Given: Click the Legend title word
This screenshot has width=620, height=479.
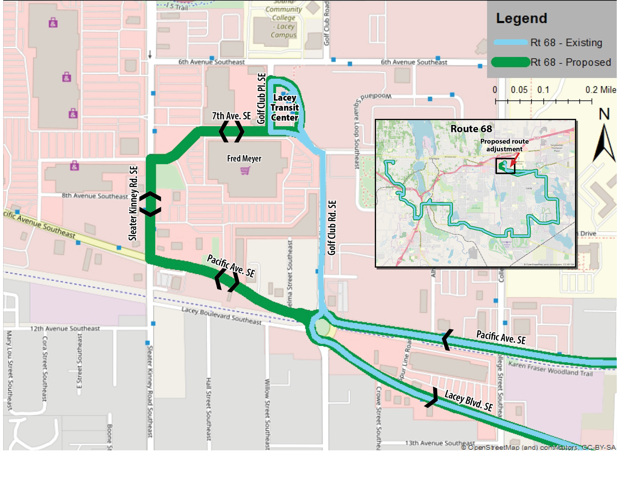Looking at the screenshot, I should click(521, 18).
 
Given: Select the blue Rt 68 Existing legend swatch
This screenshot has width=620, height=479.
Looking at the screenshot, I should click(511, 42).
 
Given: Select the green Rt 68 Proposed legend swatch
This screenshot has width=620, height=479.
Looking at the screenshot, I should click(511, 62).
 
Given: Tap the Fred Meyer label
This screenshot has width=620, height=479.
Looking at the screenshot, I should click(244, 158).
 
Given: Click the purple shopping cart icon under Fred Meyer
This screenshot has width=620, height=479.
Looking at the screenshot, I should click(245, 171).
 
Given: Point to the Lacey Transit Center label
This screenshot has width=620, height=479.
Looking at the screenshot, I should click(284, 108).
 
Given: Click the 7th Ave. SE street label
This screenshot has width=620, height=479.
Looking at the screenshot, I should click(231, 116).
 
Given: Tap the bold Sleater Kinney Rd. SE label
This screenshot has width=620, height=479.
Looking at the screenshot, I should click(133, 203).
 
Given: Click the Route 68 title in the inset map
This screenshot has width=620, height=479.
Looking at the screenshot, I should click(471, 129).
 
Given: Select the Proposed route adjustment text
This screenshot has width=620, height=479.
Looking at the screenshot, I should click(504, 145).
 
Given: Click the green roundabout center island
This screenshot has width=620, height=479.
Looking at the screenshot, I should click(322, 327).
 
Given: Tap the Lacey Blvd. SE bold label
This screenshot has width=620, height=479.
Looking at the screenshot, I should click(468, 400).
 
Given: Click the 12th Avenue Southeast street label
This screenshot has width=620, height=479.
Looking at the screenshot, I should click(65, 328).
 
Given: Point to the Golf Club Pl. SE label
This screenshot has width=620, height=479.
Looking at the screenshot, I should click(261, 99).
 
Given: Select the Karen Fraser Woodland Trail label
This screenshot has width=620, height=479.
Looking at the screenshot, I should click(550, 369).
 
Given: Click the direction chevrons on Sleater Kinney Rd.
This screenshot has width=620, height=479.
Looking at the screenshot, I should click(150, 204).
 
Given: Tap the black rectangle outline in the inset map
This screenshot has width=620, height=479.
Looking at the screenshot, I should click(505, 166).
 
